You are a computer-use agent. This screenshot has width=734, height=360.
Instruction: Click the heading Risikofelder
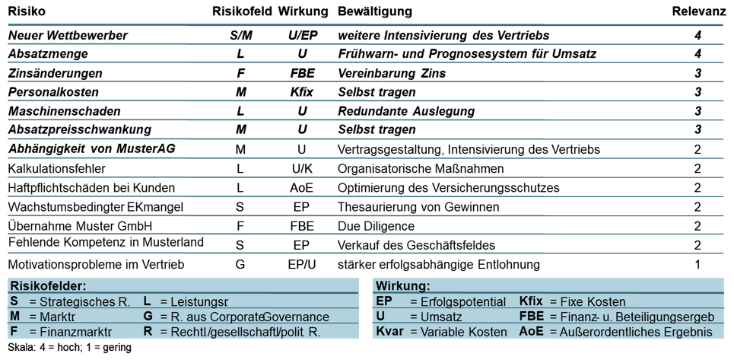[x=48, y=286]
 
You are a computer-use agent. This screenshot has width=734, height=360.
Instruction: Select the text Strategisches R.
[x=84, y=301]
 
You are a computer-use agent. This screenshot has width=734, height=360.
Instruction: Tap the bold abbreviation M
[x=14, y=317]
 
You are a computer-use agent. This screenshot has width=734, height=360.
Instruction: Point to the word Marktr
[x=58, y=317]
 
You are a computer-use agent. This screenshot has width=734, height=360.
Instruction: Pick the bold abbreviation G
[x=148, y=317]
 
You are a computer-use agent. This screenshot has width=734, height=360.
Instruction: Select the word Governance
[x=296, y=317]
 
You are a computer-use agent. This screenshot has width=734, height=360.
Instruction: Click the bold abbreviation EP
[x=384, y=301]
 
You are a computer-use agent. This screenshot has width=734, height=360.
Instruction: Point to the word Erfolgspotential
[x=463, y=301]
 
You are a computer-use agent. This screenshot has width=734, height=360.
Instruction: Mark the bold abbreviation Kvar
[x=389, y=332]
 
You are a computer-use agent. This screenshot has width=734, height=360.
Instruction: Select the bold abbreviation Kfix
[x=531, y=301]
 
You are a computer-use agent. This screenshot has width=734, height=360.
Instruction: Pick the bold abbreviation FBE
[x=532, y=317]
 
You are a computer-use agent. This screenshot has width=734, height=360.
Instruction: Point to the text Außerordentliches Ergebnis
[x=636, y=332]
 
